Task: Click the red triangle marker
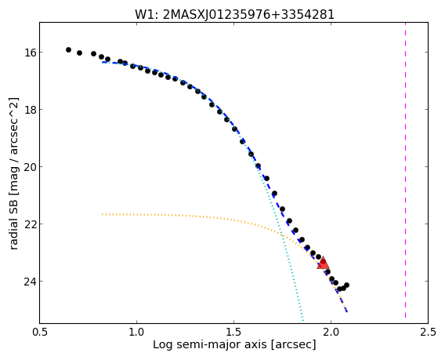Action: pos(323,263)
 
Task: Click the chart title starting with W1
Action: pos(234,14)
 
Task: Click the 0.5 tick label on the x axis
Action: pos(40,332)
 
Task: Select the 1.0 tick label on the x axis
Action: pos(137,332)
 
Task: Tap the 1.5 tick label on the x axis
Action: pos(233,332)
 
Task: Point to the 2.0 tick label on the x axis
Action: pos(331,332)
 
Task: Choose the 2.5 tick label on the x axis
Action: pos(428,332)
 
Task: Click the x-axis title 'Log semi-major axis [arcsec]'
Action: pos(234,344)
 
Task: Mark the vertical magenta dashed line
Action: pos(405,170)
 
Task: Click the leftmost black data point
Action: pos(68,49)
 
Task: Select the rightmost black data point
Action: pos(346,285)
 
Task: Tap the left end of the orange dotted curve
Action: pos(102,214)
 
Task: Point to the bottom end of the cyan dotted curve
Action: pos(303,321)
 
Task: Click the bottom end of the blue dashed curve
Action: pos(347,312)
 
